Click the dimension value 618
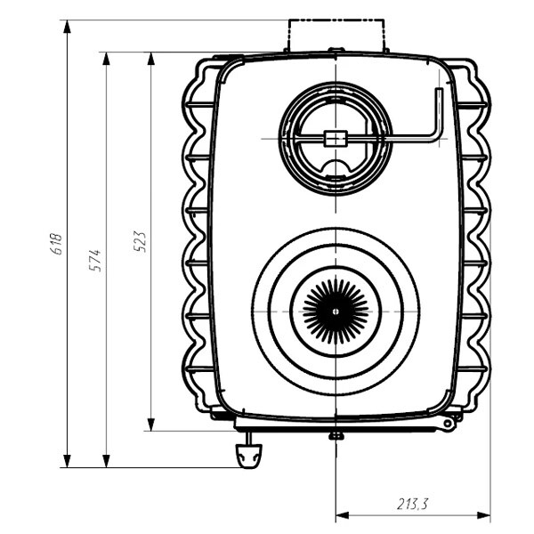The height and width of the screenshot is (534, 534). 56,244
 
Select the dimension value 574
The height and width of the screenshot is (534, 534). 95,261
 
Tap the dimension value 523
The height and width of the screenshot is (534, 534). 140,242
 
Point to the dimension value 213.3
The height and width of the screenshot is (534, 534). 412,504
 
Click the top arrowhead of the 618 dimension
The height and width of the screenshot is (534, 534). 67,27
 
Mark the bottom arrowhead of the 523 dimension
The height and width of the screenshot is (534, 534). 151,425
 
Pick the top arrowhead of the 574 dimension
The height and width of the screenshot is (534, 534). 106,59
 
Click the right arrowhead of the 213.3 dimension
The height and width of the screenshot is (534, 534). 484,515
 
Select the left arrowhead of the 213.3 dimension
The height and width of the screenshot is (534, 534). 343,515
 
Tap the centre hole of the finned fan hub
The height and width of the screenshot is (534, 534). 336,311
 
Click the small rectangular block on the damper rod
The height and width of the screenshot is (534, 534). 336,139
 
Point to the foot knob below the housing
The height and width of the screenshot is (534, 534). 249,456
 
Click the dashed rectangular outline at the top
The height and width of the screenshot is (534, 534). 336,36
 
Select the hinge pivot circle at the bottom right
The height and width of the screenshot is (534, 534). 448,424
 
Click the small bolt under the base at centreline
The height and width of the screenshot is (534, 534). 336,435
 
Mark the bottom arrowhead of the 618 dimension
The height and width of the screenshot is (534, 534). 67,461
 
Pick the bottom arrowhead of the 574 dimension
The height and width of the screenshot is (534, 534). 106,461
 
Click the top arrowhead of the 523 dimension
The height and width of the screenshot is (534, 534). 151,59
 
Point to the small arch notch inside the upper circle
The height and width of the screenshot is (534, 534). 336,167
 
